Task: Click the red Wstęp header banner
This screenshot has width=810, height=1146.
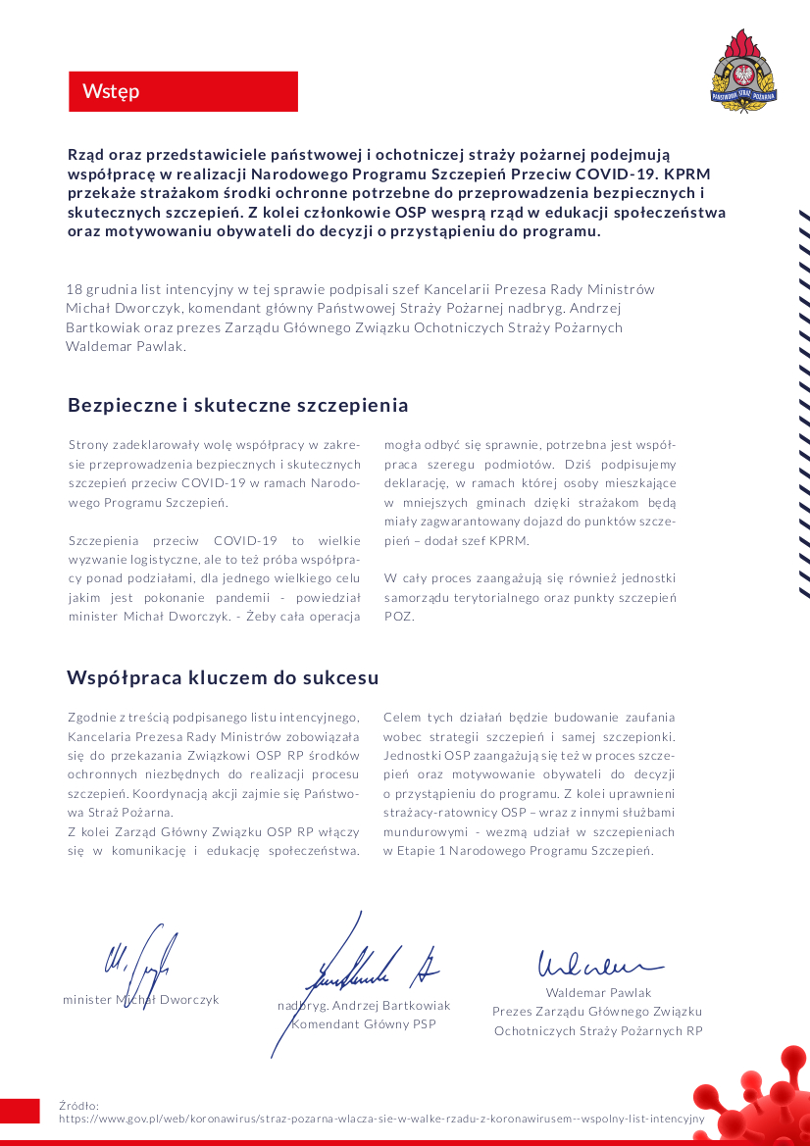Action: point(182,91)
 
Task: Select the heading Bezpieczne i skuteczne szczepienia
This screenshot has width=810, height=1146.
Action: point(237,405)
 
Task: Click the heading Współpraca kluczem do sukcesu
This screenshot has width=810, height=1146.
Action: point(223,677)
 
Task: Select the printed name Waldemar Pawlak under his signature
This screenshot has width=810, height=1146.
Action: point(598,993)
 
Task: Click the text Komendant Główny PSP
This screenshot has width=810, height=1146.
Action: point(364,1023)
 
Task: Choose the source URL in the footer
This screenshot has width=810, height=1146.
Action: point(381,1118)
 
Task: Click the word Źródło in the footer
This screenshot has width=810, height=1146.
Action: point(79,1105)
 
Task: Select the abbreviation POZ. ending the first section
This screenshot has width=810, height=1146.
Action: point(399,617)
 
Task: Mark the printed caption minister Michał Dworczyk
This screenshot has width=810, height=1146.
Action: point(140,999)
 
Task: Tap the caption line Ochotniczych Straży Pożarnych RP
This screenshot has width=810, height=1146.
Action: point(598,1030)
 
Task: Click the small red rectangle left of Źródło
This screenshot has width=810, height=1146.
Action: point(20,1111)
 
